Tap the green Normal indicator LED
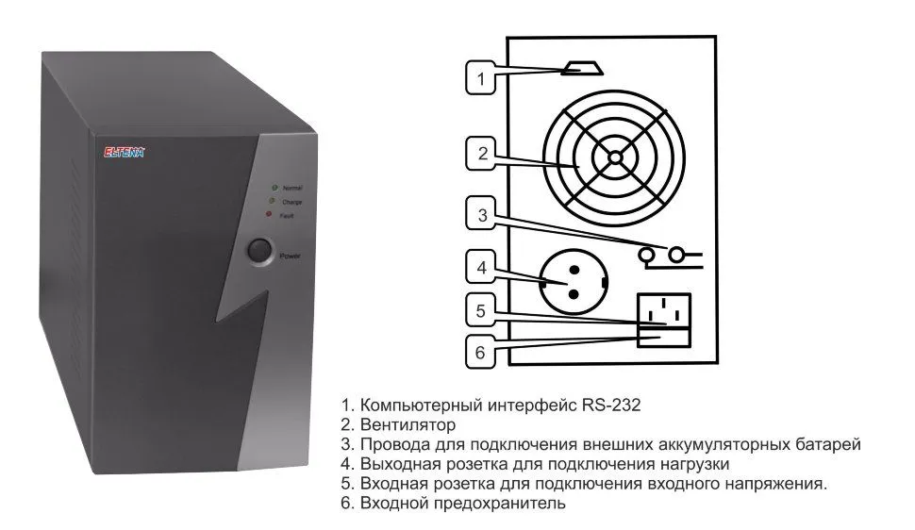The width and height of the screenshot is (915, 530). (274, 189)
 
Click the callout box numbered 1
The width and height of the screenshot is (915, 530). (481, 78)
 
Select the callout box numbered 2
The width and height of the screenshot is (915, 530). (481, 154)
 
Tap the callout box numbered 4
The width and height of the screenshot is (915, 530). (481, 268)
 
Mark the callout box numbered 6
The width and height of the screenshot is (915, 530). (481, 353)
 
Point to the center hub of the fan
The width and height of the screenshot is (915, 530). (614, 157)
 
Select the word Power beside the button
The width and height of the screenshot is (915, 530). (290, 256)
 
